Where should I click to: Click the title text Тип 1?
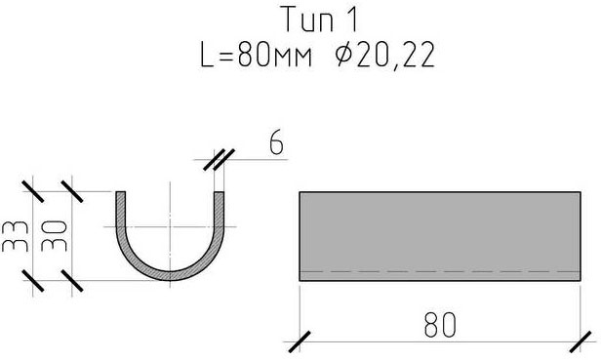tap(320, 20)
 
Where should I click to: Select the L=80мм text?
tap(256, 56)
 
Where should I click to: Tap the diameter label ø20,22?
tap(384, 55)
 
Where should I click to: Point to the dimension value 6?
tap(276, 142)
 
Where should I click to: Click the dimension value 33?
tap(16, 236)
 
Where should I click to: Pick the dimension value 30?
tap(54, 236)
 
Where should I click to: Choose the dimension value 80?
tap(440, 325)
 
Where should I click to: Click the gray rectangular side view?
tap(440, 236)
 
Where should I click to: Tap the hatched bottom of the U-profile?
tap(170, 276)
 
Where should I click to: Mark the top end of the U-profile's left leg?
tap(120, 191)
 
